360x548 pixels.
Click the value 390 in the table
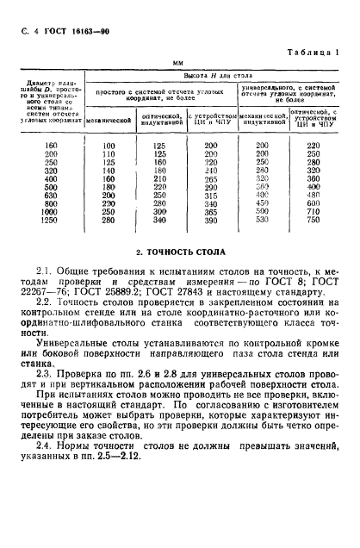pos(207,221)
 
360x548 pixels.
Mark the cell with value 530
pos(261,221)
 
